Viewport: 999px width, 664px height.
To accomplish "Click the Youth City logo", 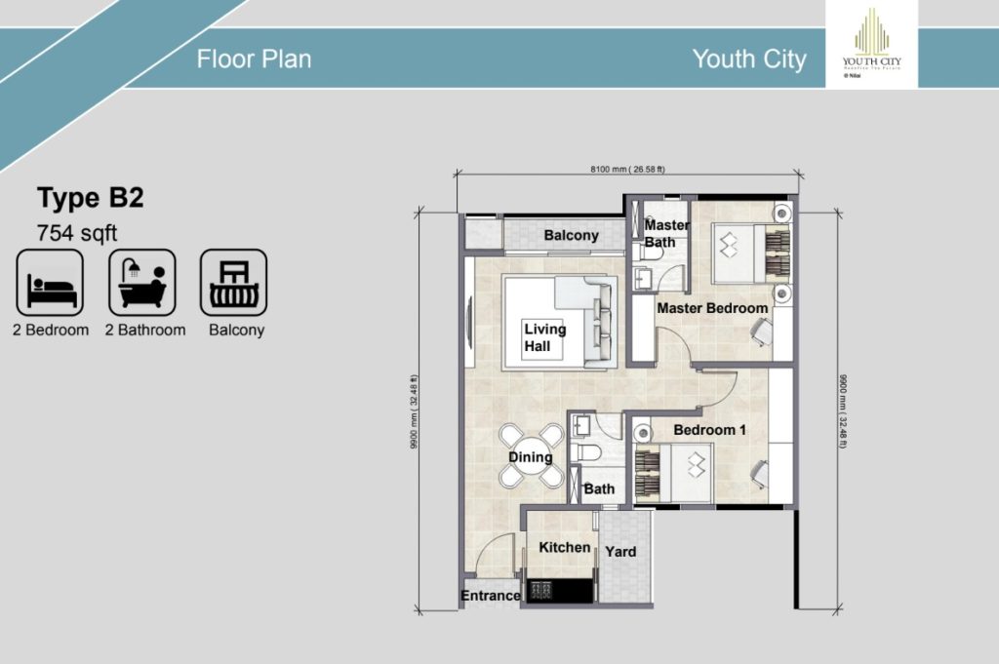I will [871, 44].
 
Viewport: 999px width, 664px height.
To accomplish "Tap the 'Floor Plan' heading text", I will [254, 59].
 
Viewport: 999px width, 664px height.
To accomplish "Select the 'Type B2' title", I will [90, 199].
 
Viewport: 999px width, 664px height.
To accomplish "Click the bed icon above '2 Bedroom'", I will [50, 283].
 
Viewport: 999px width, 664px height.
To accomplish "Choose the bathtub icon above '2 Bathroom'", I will [142, 283].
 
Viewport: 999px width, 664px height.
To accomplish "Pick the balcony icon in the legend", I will [234, 283].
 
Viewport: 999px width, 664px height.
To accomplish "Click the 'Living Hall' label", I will [543, 337].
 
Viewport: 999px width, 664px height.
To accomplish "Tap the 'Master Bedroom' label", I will [711, 308].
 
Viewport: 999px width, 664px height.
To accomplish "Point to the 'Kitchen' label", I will [564, 547].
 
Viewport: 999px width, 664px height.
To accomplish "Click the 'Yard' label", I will [620, 551].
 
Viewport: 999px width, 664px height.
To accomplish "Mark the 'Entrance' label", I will [491, 596].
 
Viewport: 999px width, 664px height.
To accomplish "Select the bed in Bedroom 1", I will [673, 472].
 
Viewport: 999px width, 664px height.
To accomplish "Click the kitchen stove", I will [543, 590].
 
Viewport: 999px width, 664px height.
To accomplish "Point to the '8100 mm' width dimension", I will [626, 169].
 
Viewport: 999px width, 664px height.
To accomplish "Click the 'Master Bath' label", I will [666, 234].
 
